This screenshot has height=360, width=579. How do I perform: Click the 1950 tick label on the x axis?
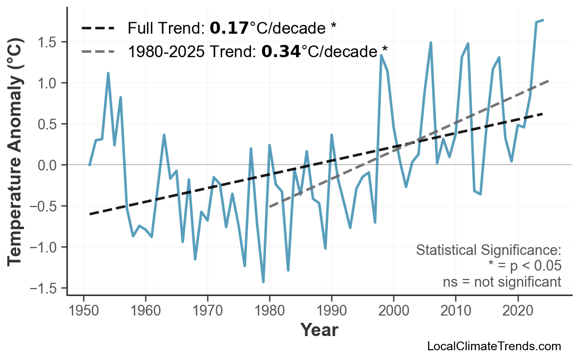83,311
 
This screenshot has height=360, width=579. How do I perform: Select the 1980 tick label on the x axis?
269,311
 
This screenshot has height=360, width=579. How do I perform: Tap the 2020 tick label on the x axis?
517,311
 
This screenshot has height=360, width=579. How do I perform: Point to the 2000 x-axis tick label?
393,311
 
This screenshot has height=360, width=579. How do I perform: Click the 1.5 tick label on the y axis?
47,42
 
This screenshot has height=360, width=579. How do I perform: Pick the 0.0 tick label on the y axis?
47,165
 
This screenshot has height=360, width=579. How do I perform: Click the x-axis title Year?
319,331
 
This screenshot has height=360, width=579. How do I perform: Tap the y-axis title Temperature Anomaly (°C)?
16,155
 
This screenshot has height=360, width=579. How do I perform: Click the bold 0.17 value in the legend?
229,28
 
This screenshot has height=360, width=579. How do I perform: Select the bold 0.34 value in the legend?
281,50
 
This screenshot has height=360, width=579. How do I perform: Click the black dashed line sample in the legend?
98,28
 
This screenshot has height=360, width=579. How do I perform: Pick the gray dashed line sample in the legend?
98,50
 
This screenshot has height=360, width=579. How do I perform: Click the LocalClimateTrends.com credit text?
494,346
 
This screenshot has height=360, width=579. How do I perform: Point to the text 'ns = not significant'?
502,282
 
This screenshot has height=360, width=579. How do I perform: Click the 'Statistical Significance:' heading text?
488,251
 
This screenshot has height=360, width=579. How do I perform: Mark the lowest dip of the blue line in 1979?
264,282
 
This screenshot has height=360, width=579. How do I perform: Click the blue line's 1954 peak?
108,73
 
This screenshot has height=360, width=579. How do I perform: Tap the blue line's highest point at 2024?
543,20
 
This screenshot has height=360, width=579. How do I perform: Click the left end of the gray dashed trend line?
270,207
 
